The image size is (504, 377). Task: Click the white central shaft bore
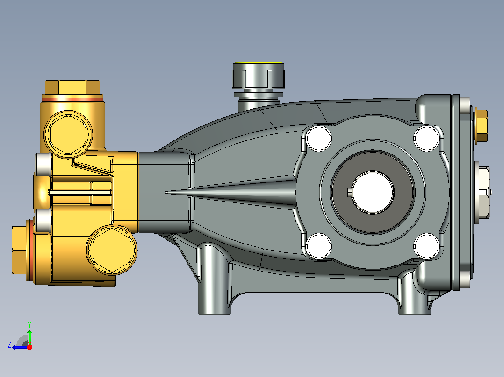[x=373, y=192]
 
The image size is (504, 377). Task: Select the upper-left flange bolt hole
[x=319, y=138]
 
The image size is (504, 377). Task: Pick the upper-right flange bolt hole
[x=426, y=138]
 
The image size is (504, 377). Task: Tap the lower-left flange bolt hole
[x=319, y=246]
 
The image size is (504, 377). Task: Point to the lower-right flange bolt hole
[x=426, y=246]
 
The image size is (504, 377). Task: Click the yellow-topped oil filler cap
[x=259, y=75]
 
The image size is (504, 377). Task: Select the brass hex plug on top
[x=72, y=88]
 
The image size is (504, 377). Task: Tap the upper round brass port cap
[x=68, y=134]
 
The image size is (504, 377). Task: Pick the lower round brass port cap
[x=112, y=250]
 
